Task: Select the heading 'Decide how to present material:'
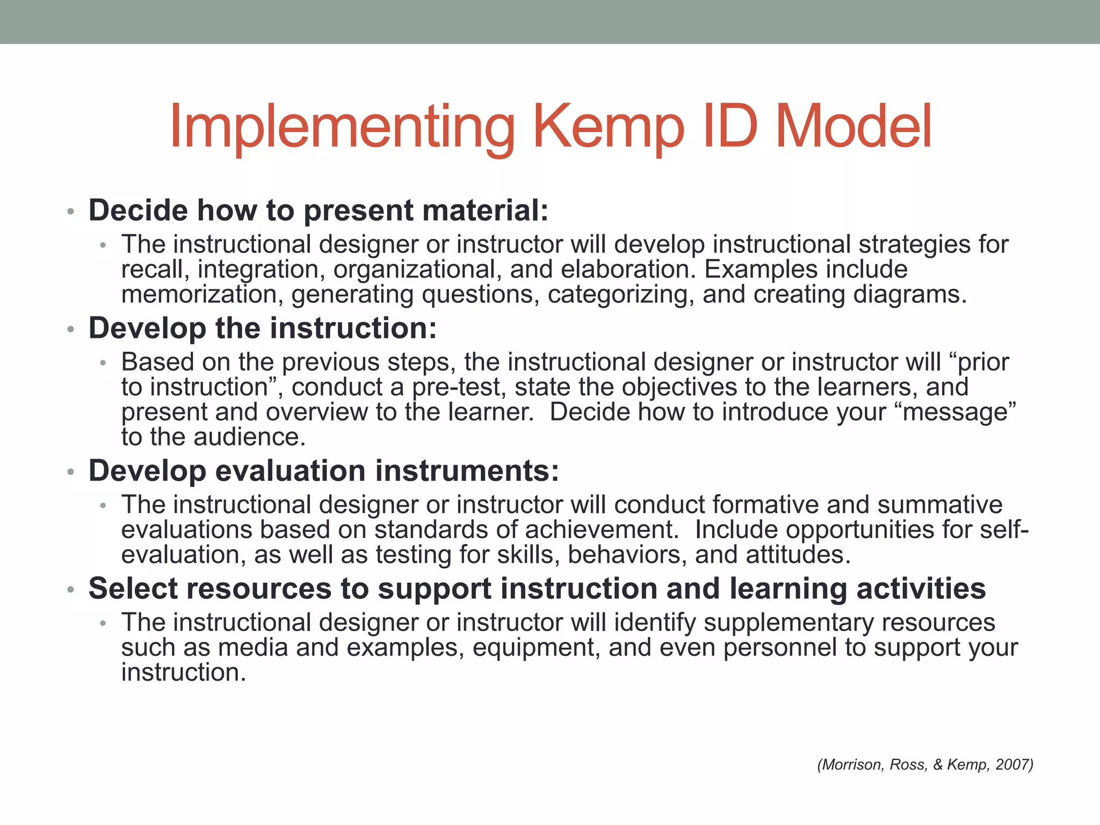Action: (319, 210)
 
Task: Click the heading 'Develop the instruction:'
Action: (263, 328)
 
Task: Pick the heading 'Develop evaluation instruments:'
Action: (324, 471)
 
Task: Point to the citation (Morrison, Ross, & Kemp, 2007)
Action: (925, 764)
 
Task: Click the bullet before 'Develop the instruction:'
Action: (70, 329)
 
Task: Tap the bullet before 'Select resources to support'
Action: (70, 590)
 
